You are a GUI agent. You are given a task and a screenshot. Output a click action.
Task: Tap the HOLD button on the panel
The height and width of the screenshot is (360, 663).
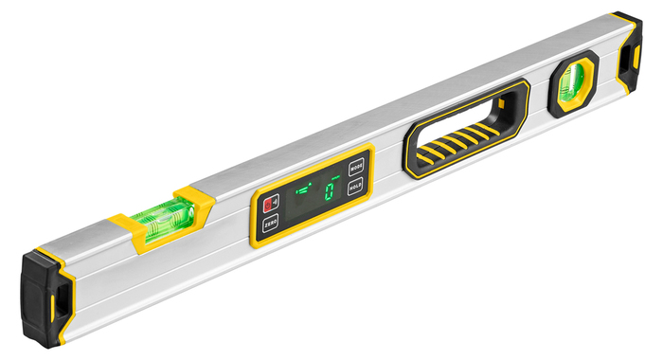click(x=356, y=186)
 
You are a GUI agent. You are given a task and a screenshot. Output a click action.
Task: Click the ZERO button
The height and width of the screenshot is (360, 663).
click(x=270, y=225)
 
